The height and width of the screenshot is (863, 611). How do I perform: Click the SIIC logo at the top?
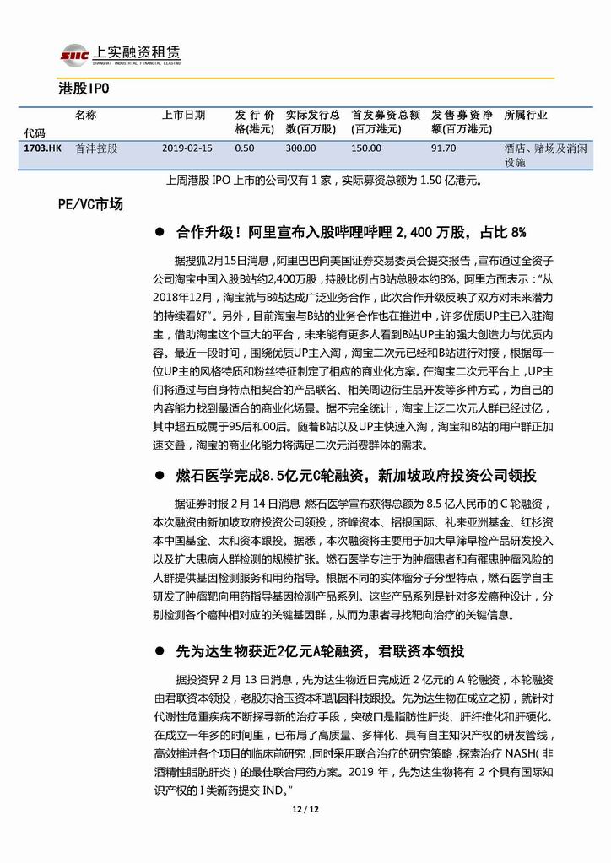74,55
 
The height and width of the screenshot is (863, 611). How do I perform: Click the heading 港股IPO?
84,88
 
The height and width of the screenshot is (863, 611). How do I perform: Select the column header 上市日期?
182,115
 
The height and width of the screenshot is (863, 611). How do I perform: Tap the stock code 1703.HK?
43,148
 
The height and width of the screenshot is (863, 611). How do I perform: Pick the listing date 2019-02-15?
187,148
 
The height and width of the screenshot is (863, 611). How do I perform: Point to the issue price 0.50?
245,148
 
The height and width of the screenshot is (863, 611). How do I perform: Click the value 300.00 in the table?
300,148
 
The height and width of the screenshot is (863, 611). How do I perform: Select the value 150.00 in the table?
366,148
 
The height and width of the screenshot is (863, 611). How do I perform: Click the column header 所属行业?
525,115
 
